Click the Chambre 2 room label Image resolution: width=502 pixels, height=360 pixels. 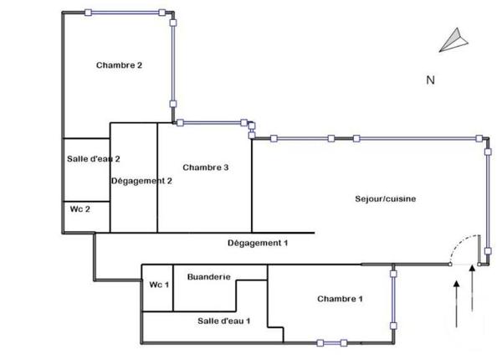tap(120, 65)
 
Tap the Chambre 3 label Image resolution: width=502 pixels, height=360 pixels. tap(205, 167)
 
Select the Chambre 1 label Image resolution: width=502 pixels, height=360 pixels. tap(340, 299)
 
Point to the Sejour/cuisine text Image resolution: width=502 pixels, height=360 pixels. tap(385, 198)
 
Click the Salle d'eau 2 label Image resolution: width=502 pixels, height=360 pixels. tap(93, 159)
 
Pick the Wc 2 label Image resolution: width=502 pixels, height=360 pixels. tap(80, 209)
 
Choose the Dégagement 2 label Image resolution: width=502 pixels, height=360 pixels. tap(141, 180)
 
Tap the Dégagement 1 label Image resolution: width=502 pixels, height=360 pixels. tap(257, 243)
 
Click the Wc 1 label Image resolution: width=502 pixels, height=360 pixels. tap(159, 285)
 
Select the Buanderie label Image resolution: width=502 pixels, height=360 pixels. tap(209, 277)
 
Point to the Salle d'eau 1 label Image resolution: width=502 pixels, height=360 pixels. tap(224, 321)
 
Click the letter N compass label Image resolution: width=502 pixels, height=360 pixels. tap(430, 81)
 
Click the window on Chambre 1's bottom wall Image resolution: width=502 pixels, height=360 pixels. tap(331, 342)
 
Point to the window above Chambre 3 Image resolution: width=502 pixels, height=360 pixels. tap(213, 122)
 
